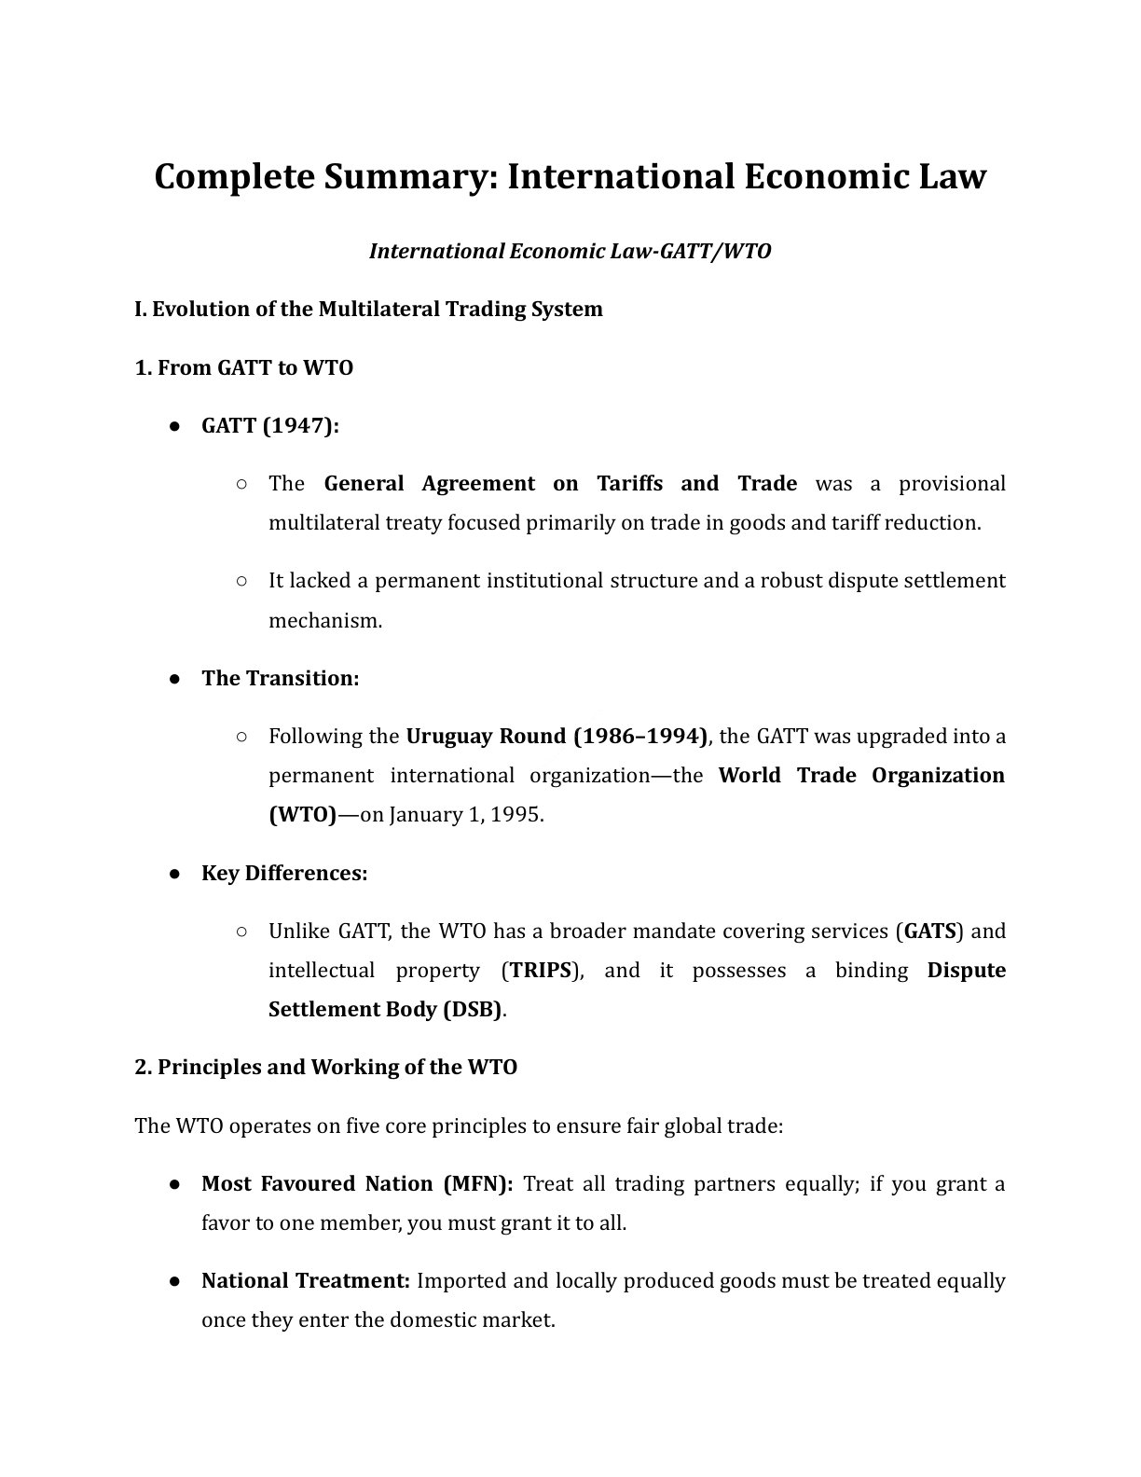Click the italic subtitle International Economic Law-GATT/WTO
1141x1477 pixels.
[570, 251]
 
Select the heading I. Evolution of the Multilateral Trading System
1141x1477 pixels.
[368, 309]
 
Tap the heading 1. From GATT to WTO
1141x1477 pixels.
[244, 367]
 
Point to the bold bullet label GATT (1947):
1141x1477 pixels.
[270, 426]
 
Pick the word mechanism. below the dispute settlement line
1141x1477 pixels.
[325, 620]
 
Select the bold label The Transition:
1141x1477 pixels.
[280, 678]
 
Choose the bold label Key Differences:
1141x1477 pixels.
[284, 874]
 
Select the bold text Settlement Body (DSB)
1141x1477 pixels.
[385, 1010]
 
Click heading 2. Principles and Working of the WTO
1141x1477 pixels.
[325, 1068]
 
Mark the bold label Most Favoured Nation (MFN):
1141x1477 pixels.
[357, 1184]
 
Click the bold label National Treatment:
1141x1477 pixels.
[306, 1281]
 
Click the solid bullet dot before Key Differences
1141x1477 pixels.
[174, 874]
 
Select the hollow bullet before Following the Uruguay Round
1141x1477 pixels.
[241, 737]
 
